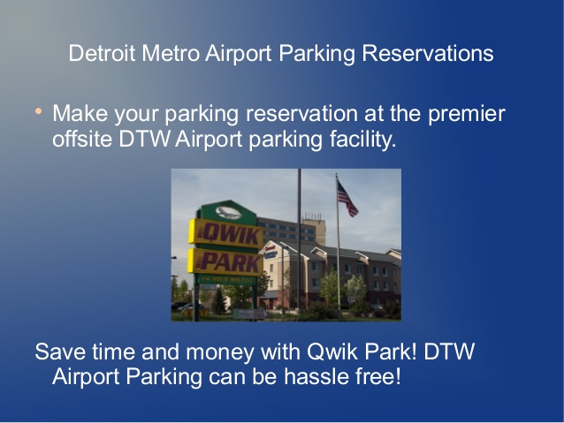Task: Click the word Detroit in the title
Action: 102,53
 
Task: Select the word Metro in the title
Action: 171,53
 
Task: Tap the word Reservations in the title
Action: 428,53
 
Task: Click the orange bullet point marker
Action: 39,111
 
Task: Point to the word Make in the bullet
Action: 80,113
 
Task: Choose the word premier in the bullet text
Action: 467,114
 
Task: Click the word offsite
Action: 82,139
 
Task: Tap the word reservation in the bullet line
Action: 301,114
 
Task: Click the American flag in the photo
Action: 347,199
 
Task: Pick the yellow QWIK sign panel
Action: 226,234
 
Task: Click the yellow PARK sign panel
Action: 225,262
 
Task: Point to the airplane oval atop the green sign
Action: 228,213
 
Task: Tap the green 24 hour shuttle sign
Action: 227,280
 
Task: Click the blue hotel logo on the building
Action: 271,253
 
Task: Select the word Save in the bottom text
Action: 60,351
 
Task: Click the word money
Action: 220,352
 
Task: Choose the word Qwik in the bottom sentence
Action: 332,351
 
